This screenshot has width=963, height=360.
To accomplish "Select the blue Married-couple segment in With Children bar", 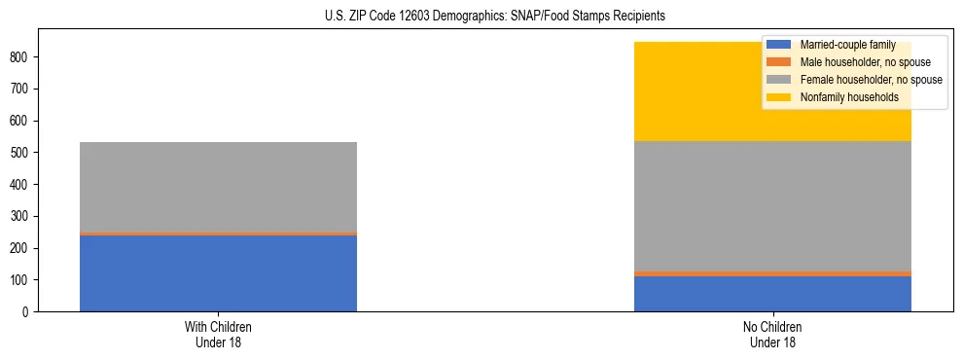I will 218,273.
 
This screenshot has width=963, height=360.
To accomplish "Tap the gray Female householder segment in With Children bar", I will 218,187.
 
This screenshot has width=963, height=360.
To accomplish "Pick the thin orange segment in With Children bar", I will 218,234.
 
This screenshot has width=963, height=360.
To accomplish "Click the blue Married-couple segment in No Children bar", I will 772,294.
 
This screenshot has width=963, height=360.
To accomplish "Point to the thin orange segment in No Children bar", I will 772,273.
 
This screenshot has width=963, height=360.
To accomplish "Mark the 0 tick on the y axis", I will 27,312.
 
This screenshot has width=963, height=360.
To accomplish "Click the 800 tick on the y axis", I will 21,57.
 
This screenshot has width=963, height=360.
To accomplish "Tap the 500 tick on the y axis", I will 21,153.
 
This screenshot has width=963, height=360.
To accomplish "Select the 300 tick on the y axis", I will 21,217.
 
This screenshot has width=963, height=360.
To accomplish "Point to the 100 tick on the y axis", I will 21,280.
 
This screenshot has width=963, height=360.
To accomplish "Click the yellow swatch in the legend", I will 779,97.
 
